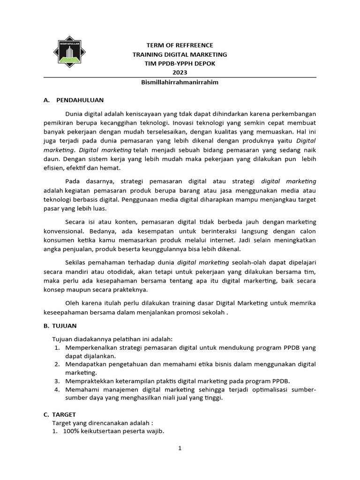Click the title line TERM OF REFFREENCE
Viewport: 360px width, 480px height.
(x=180, y=45)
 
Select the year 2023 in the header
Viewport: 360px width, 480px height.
(x=180, y=72)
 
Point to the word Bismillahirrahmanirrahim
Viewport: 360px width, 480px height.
(x=180, y=82)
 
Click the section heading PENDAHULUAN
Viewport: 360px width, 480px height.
(x=80, y=100)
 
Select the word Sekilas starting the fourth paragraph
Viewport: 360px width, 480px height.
(x=76, y=262)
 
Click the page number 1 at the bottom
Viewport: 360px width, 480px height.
(x=180, y=449)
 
